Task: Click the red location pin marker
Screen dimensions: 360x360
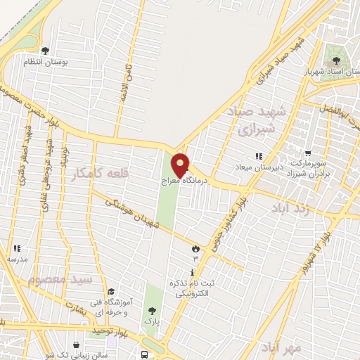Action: point(181,165)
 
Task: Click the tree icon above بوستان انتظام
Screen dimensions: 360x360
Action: point(46,50)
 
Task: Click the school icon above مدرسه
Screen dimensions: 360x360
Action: point(17,248)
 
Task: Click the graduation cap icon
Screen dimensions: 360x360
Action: point(110,291)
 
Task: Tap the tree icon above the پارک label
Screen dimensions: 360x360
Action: point(151,310)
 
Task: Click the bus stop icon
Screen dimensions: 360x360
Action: point(144,355)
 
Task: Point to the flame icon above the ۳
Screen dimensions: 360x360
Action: point(195,248)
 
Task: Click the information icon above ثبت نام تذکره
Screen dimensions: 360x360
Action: point(193,272)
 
